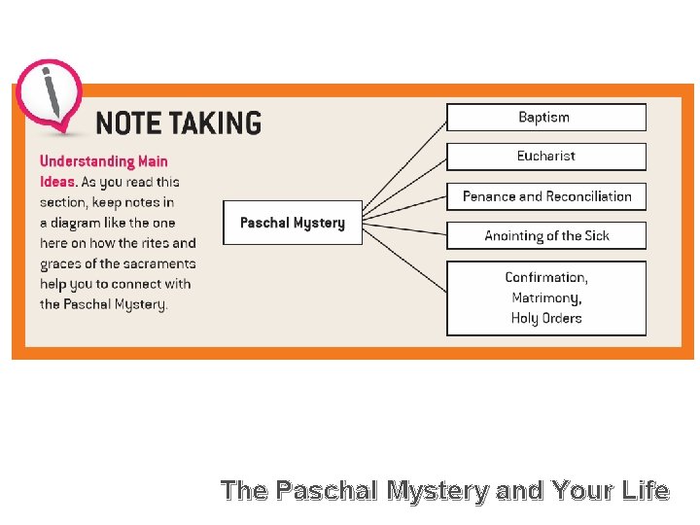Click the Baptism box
click(545, 118)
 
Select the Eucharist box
click(545, 157)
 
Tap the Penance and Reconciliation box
click(545, 196)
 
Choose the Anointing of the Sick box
click(545, 236)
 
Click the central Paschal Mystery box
click(293, 223)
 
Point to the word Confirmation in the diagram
click(545, 278)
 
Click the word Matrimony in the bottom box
click(545, 298)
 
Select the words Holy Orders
click(545, 319)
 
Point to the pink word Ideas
click(57, 182)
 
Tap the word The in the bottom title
click(243, 491)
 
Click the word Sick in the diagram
click(594, 236)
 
